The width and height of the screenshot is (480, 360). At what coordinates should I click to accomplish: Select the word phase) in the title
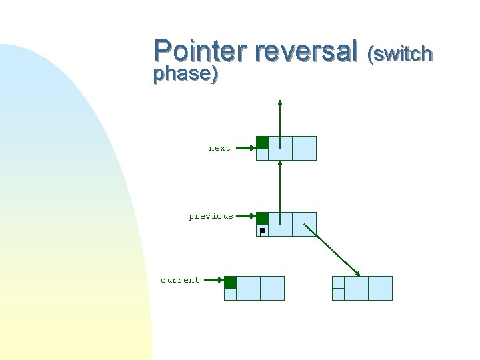tap(185, 74)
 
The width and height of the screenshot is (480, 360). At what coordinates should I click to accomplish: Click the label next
tap(219, 148)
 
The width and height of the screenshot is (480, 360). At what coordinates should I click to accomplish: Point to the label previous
tap(211, 216)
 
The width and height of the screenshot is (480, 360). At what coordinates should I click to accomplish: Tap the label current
tap(180, 280)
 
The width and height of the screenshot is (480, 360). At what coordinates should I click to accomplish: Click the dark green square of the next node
tap(263, 142)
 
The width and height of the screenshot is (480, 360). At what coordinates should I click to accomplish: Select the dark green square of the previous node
tap(263, 218)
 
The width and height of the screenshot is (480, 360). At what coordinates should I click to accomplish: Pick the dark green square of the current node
tap(230, 282)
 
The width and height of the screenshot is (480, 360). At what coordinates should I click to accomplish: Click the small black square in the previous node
tap(262, 231)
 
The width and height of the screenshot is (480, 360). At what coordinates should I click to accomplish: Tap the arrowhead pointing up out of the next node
tap(280, 103)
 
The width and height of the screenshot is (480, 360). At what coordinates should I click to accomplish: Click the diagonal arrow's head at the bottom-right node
tap(358, 273)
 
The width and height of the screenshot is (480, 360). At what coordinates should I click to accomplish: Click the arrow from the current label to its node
tap(213, 281)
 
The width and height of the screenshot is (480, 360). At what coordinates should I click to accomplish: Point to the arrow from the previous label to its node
tap(245, 216)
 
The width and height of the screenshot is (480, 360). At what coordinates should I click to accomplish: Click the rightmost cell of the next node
tap(304, 148)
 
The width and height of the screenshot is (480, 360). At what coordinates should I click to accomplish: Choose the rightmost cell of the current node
tap(272, 288)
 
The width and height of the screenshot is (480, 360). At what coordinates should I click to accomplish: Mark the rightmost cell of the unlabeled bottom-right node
tap(380, 288)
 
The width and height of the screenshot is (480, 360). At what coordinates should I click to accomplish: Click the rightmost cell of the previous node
tap(304, 225)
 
